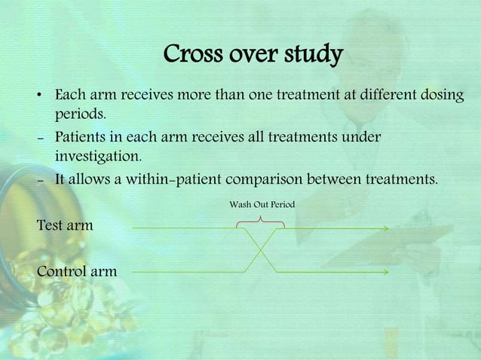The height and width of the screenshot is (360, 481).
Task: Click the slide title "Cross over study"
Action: (x=253, y=55)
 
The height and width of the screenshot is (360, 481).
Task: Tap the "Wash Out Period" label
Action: (x=262, y=204)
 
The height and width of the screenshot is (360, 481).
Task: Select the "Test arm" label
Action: (x=65, y=225)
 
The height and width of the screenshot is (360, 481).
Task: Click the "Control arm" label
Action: (x=77, y=270)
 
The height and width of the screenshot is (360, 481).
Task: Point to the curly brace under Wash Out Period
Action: (x=260, y=220)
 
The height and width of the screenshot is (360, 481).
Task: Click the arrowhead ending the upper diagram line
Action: (x=385, y=228)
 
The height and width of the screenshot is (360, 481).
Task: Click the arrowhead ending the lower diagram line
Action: (x=385, y=271)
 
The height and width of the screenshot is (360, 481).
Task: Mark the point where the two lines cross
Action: (x=261, y=249)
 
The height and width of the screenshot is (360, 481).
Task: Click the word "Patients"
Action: (x=84, y=137)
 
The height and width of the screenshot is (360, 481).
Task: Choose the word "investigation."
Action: (x=98, y=157)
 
